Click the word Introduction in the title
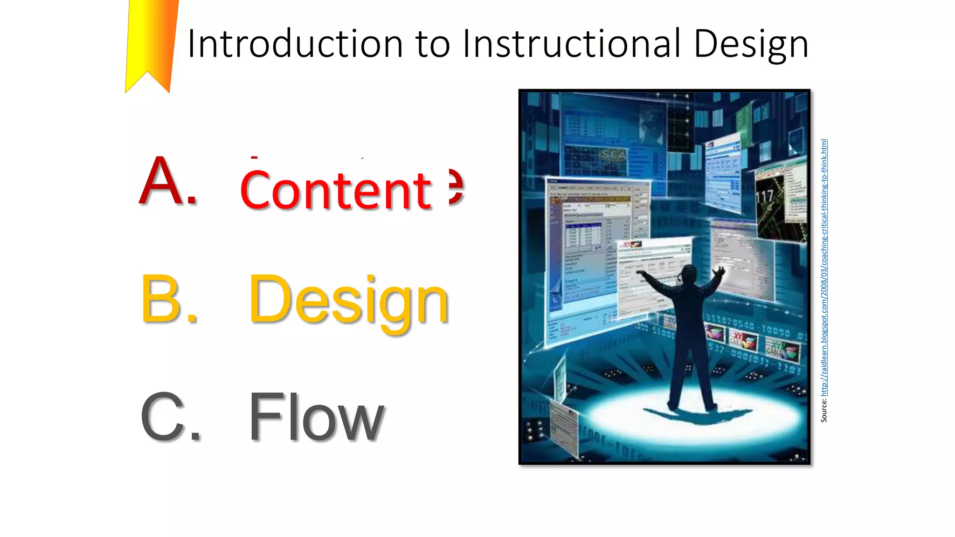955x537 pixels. [x=295, y=43]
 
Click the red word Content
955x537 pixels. [x=336, y=190]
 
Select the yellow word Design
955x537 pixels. [x=348, y=301]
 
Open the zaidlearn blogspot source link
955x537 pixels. [x=824, y=268]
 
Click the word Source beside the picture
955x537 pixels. [x=824, y=411]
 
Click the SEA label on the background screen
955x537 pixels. [x=613, y=155]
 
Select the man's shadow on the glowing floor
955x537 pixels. [x=699, y=415]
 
